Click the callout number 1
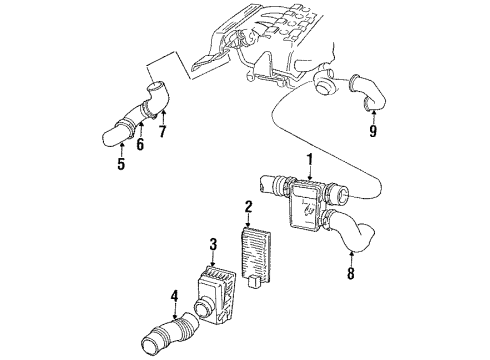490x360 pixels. click(310, 159)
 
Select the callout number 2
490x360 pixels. click(247, 208)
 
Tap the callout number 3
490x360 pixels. click(212, 244)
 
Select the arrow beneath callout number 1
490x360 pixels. click(310, 174)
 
